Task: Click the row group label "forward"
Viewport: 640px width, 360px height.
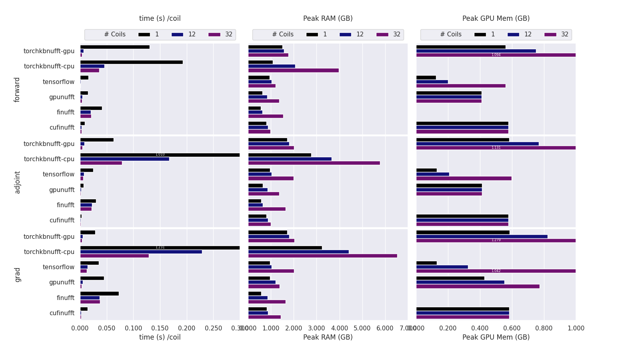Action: point(17,90)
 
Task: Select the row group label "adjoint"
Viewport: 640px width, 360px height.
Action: point(17,182)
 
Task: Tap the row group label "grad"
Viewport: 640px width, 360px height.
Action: point(17,275)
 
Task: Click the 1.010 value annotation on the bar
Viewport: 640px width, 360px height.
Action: point(160,155)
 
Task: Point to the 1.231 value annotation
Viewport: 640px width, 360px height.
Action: point(160,248)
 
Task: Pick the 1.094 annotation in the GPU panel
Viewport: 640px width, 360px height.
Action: point(496,55)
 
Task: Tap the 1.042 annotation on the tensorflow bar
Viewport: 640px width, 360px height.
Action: point(496,271)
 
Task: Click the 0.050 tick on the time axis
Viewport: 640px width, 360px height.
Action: point(107,328)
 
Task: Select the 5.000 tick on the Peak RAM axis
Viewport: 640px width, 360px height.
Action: point(362,328)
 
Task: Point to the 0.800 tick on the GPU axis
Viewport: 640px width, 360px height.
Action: point(544,328)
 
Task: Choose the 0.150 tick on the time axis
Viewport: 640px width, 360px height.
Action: point(160,328)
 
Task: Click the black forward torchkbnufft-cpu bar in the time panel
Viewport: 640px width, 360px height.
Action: point(131,62)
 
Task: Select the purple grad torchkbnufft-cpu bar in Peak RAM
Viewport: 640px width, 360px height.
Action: point(322,256)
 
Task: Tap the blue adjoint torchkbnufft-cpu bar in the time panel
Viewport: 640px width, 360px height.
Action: point(124,159)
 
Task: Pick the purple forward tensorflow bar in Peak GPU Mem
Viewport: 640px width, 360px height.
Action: point(461,86)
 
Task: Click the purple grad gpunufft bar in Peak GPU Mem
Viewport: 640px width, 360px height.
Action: point(478,286)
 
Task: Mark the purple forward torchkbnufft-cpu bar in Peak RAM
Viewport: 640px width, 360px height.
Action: point(293,70)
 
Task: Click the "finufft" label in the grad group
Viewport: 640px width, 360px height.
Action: point(65,298)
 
